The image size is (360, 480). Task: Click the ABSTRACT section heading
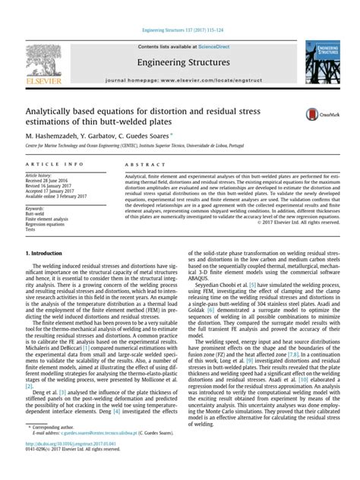pos(141,164)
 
